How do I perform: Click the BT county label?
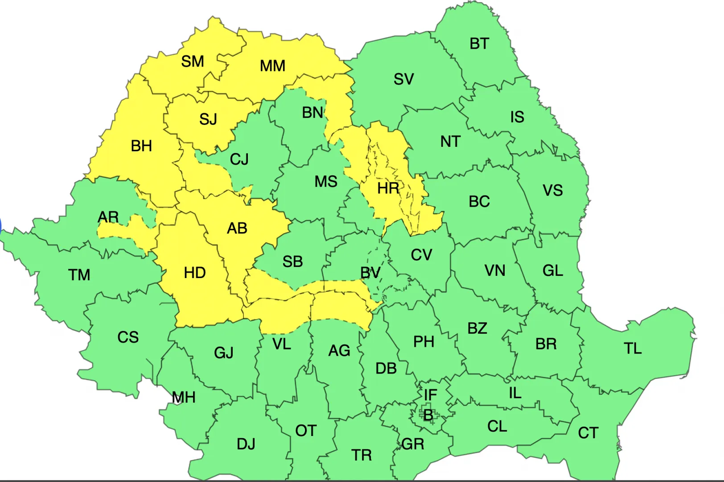click(x=479, y=44)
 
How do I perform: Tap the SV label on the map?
click(x=403, y=79)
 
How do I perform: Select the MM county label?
click(x=272, y=66)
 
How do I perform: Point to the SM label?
click(x=193, y=61)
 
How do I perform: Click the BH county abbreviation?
click(x=141, y=146)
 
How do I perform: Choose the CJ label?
click(x=239, y=159)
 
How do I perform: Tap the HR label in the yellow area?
click(x=388, y=188)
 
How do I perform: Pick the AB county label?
click(x=237, y=229)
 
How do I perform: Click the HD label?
click(x=195, y=273)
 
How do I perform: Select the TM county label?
click(x=79, y=275)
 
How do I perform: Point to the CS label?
click(x=128, y=337)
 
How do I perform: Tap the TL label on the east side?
click(x=633, y=349)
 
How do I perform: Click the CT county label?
click(x=588, y=433)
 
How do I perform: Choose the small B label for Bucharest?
click(x=428, y=415)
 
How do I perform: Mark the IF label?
click(x=430, y=395)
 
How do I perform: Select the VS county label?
click(x=552, y=191)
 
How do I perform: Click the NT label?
click(x=450, y=142)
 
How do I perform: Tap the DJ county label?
click(x=246, y=444)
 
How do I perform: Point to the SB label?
click(x=292, y=262)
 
